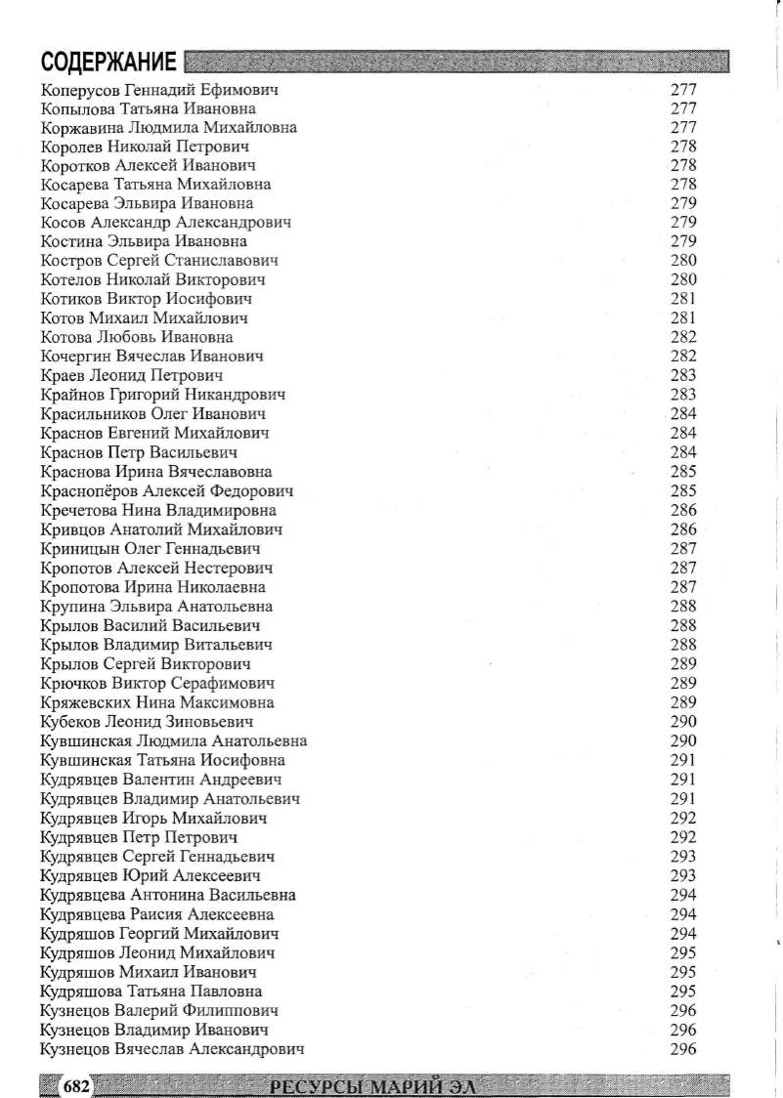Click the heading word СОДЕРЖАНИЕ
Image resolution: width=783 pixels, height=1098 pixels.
pos(109,63)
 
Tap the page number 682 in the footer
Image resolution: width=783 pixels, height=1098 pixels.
pos(75,1085)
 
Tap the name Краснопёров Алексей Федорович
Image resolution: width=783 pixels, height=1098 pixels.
pos(167,490)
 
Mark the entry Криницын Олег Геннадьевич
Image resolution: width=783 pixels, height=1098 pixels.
pos(151,549)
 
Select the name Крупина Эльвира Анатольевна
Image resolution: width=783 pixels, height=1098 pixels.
pos(157,607)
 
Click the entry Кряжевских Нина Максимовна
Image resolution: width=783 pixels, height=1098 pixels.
pos(157,702)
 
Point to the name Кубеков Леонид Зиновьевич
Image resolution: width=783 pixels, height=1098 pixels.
pos(148,722)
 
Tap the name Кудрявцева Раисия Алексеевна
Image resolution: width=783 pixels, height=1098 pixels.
pos(157,914)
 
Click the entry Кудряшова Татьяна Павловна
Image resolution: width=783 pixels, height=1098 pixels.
pos(152,992)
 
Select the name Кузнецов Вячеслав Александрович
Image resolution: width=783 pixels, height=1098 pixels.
pos(172,1049)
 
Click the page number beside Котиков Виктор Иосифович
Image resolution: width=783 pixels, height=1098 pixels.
pos(683,299)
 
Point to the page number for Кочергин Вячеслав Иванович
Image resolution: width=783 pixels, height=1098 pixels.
pos(683,357)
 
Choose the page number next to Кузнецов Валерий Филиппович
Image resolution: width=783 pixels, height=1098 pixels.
pos(683,1011)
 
